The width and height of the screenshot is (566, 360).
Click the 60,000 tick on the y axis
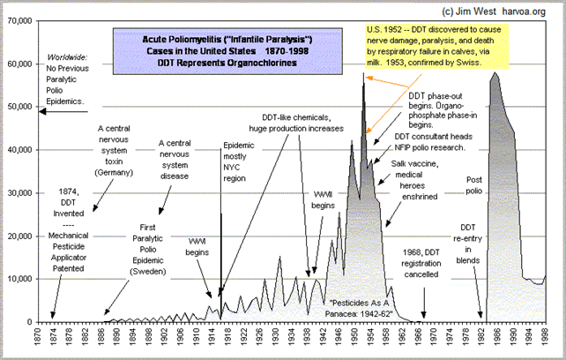pyautogui.click(x=18, y=64)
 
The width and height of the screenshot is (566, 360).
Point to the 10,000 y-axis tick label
pyautogui.click(x=18, y=279)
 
